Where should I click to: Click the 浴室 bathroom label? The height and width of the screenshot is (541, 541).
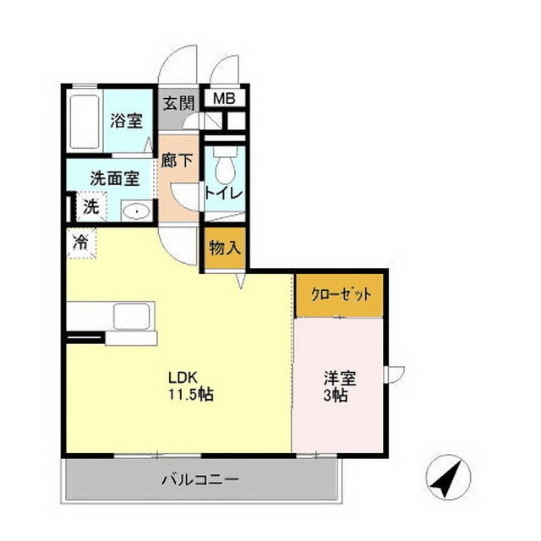coord(127,121)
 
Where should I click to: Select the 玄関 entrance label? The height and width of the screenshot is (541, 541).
coord(178,103)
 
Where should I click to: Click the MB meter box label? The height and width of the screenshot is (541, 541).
coord(223,99)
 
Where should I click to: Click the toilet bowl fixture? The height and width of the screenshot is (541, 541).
coord(224,172)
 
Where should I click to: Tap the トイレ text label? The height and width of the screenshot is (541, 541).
coord(224,194)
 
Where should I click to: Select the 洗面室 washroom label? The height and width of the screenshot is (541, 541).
coord(114,179)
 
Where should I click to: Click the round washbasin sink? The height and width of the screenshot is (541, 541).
coord(134,210)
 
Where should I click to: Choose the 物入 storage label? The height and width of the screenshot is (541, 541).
coord(224,249)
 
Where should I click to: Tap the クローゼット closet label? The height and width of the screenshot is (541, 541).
coord(340,295)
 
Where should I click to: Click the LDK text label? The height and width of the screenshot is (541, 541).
coord(180,377)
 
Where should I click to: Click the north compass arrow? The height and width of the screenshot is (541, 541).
coord(448,478)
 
